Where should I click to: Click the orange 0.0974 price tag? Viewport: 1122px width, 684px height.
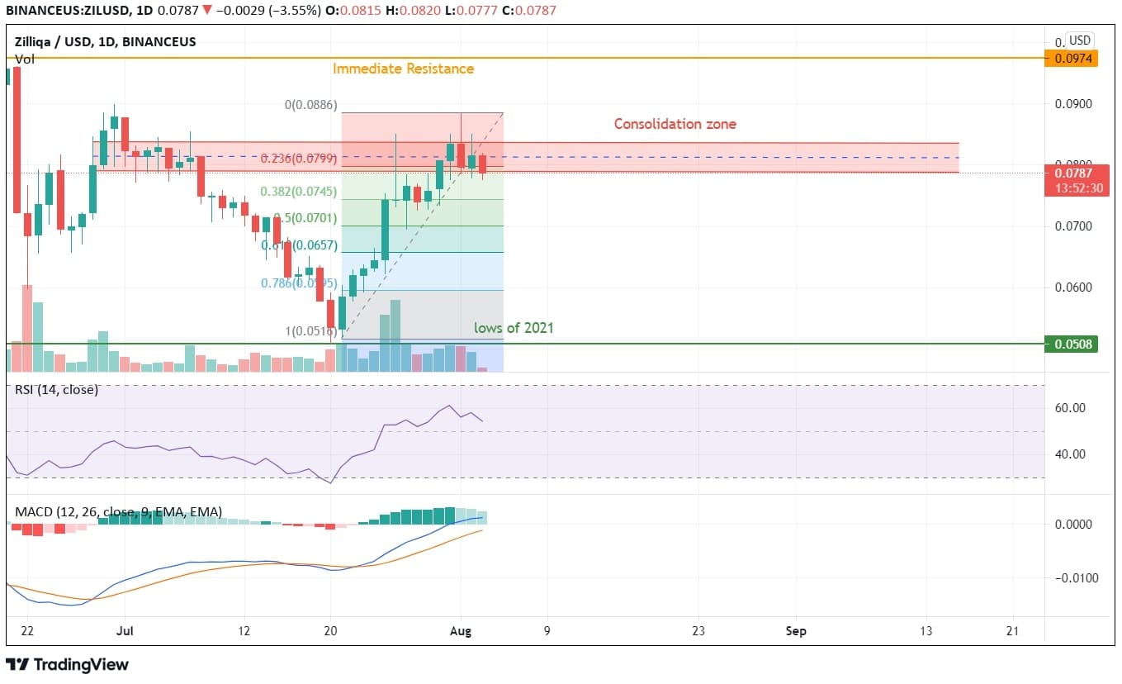pyautogui.click(x=1071, y=58)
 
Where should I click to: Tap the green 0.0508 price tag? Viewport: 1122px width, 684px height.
pyautogui.click(x=1071, y=344)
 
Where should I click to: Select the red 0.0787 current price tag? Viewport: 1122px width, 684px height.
pyautogui.click(x=1071, y=173)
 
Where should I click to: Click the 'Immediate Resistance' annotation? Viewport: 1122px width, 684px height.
pyautogui.click(x=403, y=69)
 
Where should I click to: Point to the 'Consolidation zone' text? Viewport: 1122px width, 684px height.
pyautogui.click(x=675, y=124)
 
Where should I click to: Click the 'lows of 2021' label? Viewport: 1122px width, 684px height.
pyautogui.click(x=514, y=328)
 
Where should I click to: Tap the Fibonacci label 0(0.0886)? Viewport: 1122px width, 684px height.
pyautogui.click(x=310, y=105)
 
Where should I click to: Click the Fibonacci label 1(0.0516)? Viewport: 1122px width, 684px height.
pyautogui.click(x=311, y=331)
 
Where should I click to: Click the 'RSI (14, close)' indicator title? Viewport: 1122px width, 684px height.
pyautogui.click(x=56, y=389)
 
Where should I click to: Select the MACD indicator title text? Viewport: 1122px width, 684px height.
pyautogui.click(x=118, y=512)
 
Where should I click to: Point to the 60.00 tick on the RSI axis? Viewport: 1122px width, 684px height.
pyautogui.click(x=1072, y=408)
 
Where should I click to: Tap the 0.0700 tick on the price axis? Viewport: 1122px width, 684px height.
pyautogui.click(x=1071, y=226)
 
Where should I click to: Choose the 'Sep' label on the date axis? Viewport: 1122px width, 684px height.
pyautogui.click(x=796, y=631)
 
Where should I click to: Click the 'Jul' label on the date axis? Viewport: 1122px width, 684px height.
pyautogui.click(x=125, y=631)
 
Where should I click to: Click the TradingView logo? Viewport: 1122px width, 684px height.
pyautogui.click(x=68, y=664)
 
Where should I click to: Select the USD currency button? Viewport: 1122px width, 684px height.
pyautogui.click(x=1079, y=40)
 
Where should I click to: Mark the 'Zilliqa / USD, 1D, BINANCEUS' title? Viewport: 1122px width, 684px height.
pyautogui.click(x=106, y=41)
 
